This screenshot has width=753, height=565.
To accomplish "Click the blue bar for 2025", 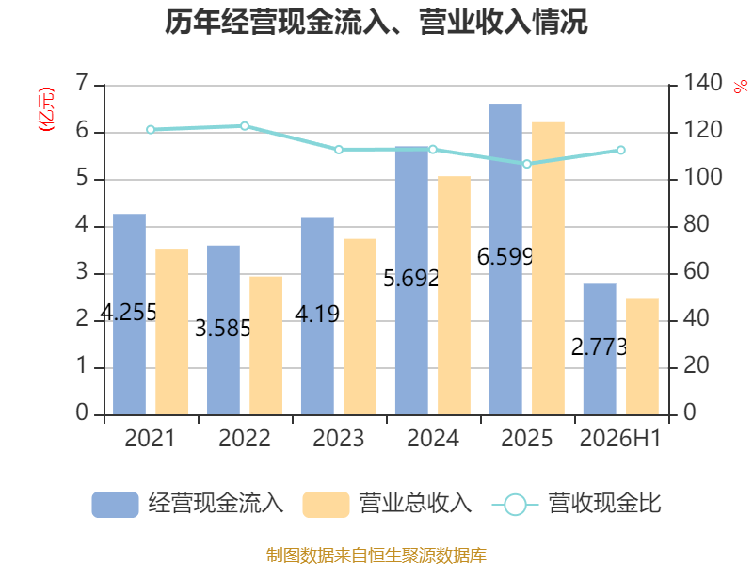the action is coord(505,259).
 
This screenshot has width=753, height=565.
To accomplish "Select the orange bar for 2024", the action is coord(455,296).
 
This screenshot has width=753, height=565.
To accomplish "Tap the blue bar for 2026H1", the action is coord(600,349).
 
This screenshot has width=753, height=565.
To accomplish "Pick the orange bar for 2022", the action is coord(266,346).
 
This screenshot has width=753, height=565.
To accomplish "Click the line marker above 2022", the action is coord(245,126).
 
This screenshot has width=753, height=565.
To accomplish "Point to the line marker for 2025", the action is coord(527,164).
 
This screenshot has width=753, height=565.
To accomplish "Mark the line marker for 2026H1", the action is coord(621,151).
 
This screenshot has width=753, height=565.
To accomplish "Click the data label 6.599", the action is coord(505,256).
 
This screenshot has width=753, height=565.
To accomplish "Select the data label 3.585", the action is coord(223,329).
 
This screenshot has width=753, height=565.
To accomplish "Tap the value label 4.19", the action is coord(317,315).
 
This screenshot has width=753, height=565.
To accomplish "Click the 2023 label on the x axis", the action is coord(339,438).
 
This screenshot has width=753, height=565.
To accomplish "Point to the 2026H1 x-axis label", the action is coord(620,438).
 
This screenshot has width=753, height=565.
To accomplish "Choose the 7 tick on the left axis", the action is coord(83,83).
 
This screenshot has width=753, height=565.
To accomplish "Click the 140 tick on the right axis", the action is coord(702,83).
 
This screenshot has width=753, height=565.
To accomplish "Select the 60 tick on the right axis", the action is coord(696,271).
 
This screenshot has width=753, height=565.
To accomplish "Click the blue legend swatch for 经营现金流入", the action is coord(115,505).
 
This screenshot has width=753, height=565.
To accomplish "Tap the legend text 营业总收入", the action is coord(416,504).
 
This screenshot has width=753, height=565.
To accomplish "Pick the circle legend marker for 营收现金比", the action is coord(516,505).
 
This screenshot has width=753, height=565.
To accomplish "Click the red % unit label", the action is coord(741,87).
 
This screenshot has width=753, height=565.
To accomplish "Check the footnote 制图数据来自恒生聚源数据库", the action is coord(376,556).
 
